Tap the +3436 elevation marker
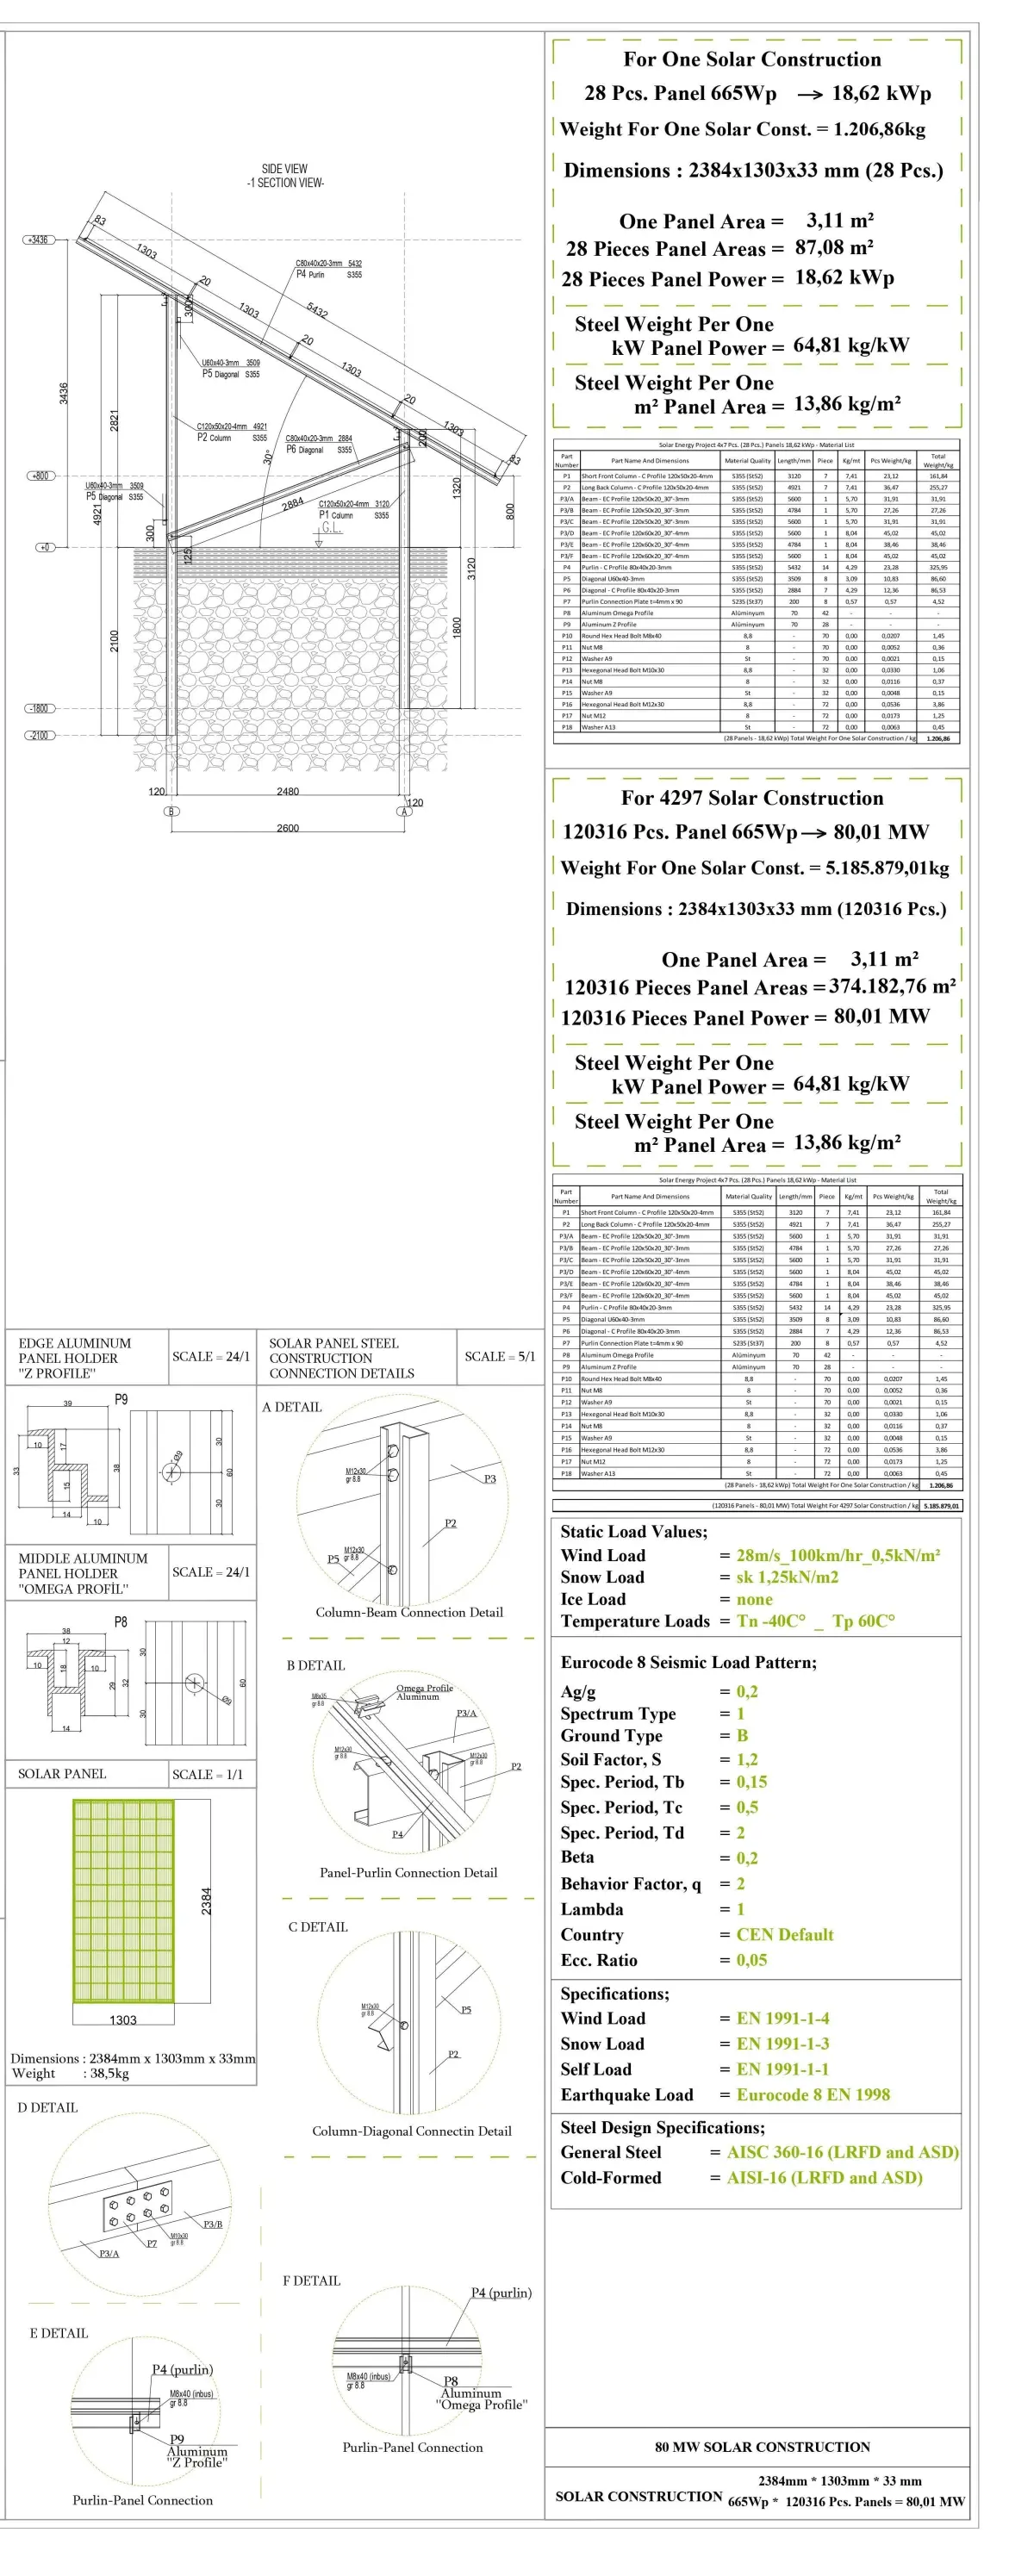(x=39, y=240)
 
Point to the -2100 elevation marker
(x=39, y=736)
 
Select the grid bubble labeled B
(x=171, y=811)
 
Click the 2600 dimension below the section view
(x=287, y=828)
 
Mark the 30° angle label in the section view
(x=267, y=457)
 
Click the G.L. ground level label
(x=329, y=528)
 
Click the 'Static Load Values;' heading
(x=634, y=1532)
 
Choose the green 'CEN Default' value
(x=784, y=1934)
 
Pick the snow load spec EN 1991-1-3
(x=782, y=2043)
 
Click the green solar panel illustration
(x=123, y=1900)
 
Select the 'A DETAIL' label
(x=292, y=1407)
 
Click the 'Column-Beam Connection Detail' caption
(x=409, y=1612)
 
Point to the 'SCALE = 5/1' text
(x=499, y=1357)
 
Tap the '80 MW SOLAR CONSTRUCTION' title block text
(x=762, y=2446)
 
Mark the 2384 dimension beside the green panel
(x=206, y=1901)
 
